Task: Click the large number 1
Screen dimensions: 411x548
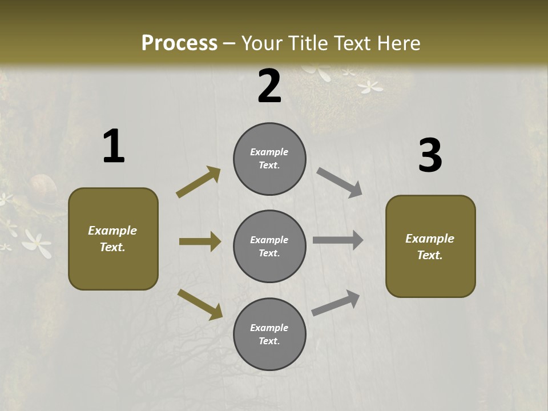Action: point(114,147)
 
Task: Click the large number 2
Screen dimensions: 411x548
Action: point(269,86)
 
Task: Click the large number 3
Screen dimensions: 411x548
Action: point(430,156)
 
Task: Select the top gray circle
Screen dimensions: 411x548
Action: point(269,159)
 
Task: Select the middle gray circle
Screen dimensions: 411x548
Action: point(269,246)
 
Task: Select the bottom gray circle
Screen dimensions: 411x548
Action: point(269,334)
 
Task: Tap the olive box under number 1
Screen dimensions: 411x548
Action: point(113,239)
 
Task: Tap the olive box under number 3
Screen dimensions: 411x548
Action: point(430,246)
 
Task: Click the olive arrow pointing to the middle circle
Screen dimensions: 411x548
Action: point(200,241)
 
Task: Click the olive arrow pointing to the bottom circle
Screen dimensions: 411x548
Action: point(200,304)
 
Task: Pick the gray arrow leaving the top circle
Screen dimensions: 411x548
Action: point(340,182)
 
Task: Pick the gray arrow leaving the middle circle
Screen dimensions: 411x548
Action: point(338,240)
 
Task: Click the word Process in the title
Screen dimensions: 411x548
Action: point(179,43)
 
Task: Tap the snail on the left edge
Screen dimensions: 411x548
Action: point(42,187)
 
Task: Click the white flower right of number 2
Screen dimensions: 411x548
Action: point(370,87)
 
